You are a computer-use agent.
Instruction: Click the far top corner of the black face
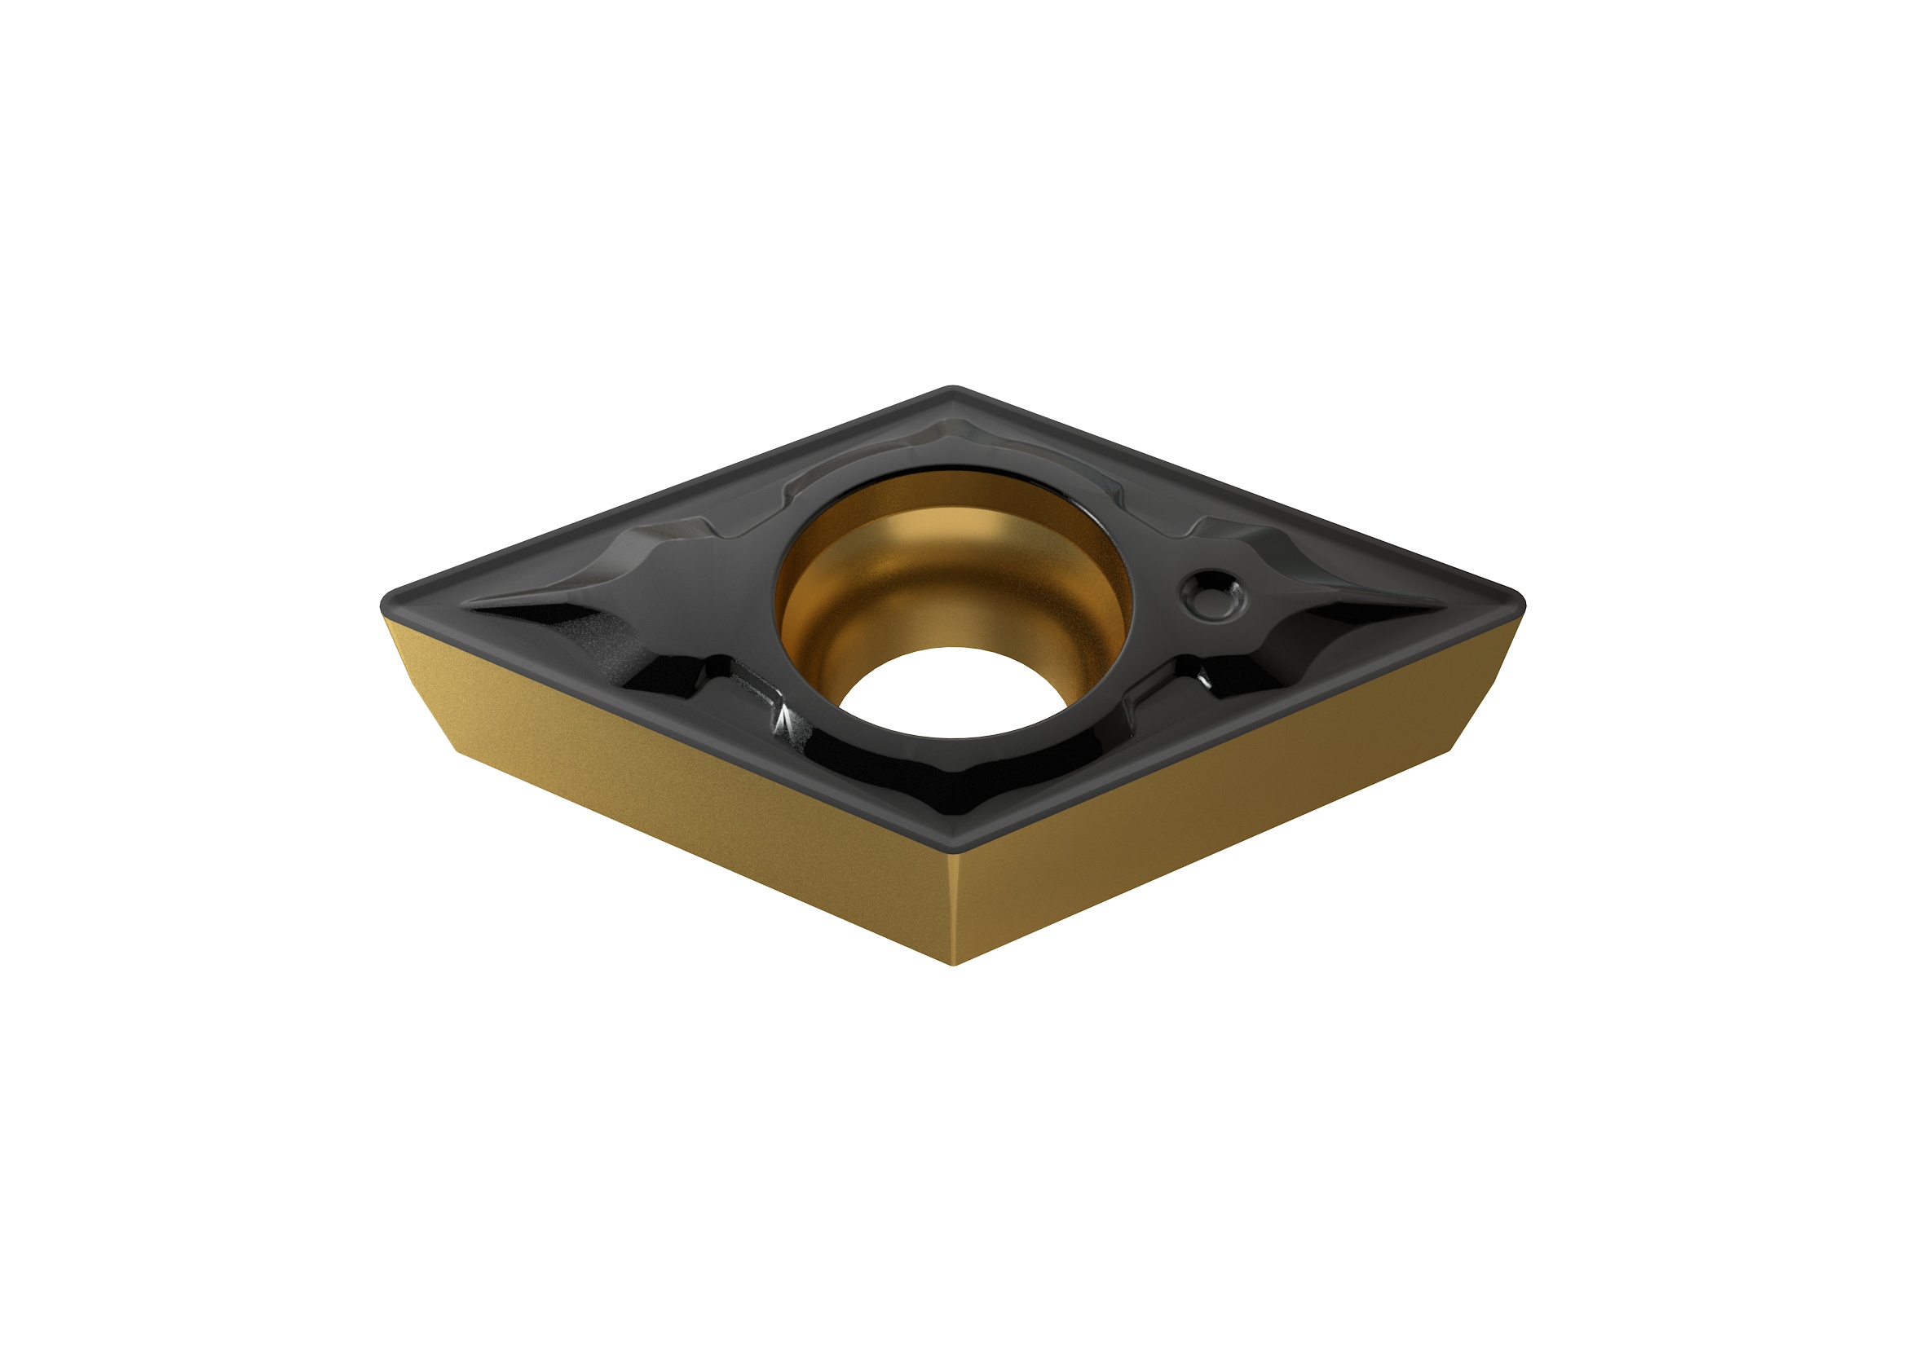click(953, 389)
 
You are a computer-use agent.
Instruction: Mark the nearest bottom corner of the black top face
click(955, 852)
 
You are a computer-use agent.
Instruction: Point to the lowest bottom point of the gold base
click(955, 963)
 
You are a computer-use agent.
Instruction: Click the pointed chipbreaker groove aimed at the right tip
click(1370, 614)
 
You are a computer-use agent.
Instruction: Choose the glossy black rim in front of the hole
click(955, 772)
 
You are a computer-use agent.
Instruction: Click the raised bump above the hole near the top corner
click(955, 436)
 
